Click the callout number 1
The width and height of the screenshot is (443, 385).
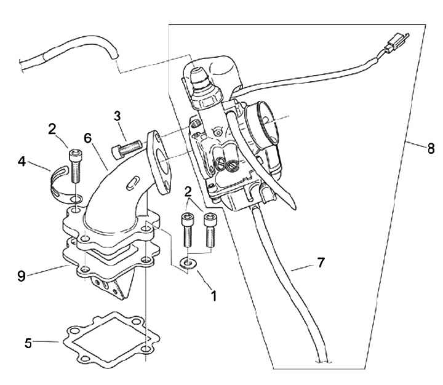(214, 296)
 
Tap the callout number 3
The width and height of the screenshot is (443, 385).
(118, 116)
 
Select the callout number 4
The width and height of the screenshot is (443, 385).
(22, 162)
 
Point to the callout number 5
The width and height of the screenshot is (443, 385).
(28, 343)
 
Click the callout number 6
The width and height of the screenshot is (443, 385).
(88, 138)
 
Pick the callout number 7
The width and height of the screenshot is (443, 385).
(321, 263)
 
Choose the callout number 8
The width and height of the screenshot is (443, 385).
(431, 148)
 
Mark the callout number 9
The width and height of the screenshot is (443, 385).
(22, 276)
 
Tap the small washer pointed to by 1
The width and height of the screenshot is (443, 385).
(187, 264)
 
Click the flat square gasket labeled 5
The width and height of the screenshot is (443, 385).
(111, 338)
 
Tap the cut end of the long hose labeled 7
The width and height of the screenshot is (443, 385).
(322, 361)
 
